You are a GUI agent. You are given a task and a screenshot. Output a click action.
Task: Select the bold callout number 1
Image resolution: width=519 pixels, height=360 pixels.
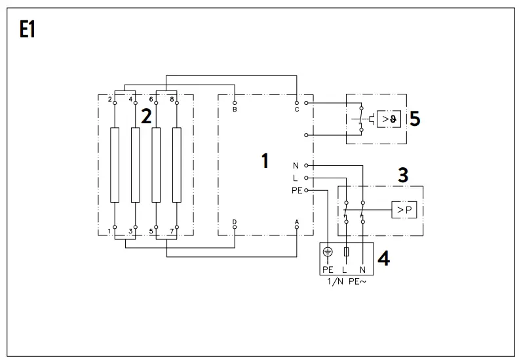tap(265, 161)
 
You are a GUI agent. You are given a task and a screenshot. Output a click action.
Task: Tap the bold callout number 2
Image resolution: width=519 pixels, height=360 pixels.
tap(146, 117)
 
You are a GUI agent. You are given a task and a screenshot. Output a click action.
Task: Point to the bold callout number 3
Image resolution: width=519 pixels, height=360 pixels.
tap(404, 175)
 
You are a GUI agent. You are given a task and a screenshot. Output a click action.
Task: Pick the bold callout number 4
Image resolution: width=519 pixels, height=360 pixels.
tap(383, 258)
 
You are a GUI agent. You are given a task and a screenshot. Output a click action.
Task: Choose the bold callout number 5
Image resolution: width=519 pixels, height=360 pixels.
tap(414, 119)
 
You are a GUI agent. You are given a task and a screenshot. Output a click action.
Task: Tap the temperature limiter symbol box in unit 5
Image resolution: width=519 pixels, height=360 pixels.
tap(387, 119)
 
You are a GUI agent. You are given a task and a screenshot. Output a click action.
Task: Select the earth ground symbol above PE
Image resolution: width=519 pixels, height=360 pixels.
tap(328, 252)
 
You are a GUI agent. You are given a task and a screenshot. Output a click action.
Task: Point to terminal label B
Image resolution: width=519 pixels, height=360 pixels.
tap(235, 110)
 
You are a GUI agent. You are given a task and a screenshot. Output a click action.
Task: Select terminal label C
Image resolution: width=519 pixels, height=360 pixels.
tap(297, 110)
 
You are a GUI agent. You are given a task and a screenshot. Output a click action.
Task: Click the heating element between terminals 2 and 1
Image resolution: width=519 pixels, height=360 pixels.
tap(115, 165)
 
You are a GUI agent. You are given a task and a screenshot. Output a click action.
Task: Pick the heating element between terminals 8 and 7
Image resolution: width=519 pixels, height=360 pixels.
tap(176, 165)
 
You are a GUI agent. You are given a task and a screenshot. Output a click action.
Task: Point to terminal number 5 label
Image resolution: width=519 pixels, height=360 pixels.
tap(151, 231)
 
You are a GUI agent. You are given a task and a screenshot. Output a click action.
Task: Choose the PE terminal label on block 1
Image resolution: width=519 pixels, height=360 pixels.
tap(297, 190)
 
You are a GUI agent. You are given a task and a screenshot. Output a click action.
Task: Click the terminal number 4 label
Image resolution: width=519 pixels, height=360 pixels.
tap(130, 99)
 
